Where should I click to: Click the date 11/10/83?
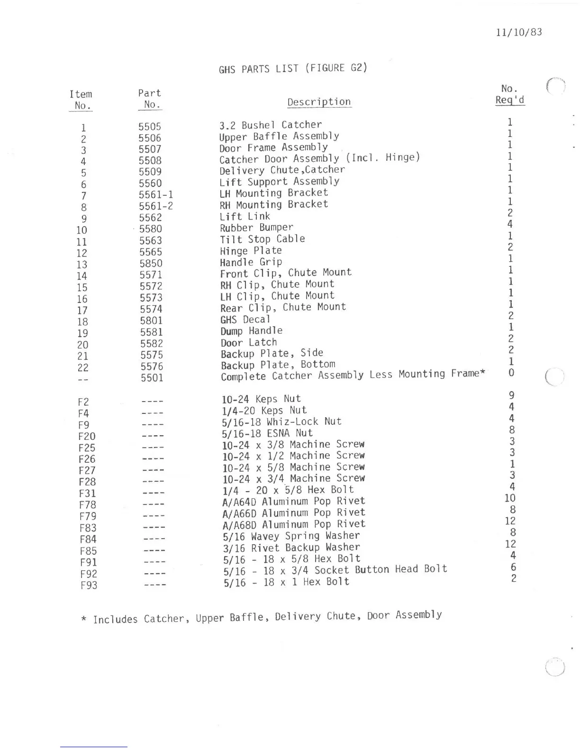tap(519, 32)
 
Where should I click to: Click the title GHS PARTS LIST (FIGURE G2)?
tap(293, 68)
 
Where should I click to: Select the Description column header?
tap(319, 102)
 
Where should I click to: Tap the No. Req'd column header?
tap(510, 94)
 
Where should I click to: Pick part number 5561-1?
tap(156, 194)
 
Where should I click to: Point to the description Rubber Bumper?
tap(256, 228)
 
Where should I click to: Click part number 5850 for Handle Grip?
tap(151, 263)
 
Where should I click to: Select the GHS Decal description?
tap(245, 320)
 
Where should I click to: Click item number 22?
tap(83, 367)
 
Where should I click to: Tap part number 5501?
tap(152, 378)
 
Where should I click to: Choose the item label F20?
tap(87, 436)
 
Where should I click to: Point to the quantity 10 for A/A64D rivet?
tap(510, 498)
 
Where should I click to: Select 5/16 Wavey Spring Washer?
tap(291, 536)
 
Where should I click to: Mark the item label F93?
tap(88, 585)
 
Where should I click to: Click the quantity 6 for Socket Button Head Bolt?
tap(513, 567)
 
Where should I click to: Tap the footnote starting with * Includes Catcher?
tap(262, 617)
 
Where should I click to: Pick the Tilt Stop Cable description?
tap(262, 239)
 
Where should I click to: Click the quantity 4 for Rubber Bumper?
tap(510, 224)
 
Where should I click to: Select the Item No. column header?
tap(81, 100)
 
